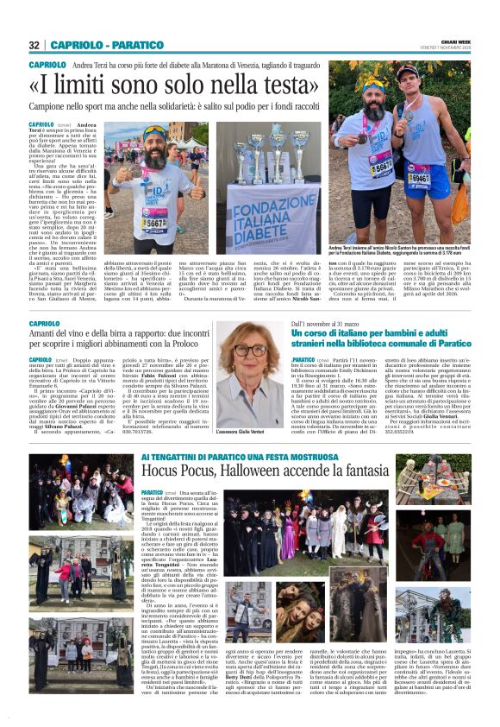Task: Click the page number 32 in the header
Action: (x=34, y=45)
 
